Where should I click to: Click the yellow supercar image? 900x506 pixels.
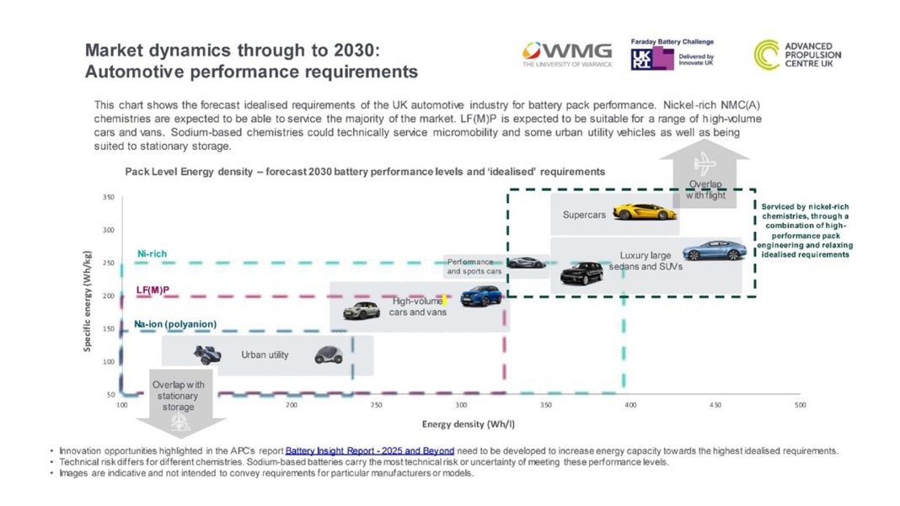pos(645,210)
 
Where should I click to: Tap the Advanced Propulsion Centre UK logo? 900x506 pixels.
pos(796,55)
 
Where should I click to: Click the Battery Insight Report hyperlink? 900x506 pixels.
pos(370,450)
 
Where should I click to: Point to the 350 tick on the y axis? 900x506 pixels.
pos(109,197)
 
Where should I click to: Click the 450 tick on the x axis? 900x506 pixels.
pos(715,405)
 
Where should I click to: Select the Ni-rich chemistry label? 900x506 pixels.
pos(152,253)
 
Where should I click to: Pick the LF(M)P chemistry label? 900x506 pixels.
pos(153,290)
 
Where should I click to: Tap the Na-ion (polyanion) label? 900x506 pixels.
pos(175,324)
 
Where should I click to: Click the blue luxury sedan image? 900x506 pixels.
pos(714,250)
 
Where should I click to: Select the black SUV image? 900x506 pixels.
pos(581,273)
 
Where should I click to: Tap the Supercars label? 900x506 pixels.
pos(584,216)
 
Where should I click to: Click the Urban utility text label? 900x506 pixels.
pos(265,355)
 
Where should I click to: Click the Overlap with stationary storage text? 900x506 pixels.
pos(178,396)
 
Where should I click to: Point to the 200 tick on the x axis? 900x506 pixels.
pos(292,405)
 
